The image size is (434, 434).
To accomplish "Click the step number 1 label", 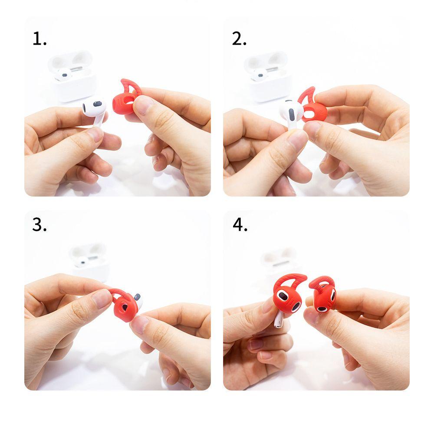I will [39, 39].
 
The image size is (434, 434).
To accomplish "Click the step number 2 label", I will [239, 39].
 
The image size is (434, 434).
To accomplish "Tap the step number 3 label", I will [39, 225].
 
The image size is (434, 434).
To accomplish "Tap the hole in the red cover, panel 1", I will [128, 103].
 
